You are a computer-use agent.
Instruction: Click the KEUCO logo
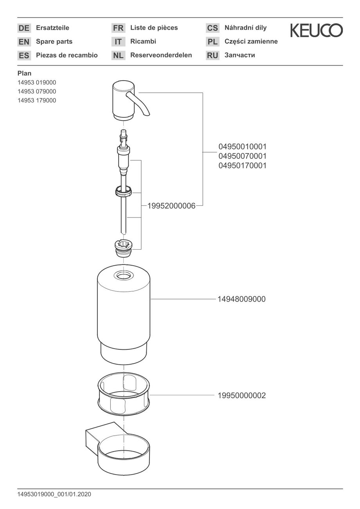[316, 31]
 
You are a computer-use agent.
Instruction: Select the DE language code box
[24, 28]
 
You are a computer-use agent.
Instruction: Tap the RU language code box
[212, 55]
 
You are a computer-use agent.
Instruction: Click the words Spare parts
[54, 41]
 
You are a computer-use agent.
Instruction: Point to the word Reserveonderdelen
[161, 55]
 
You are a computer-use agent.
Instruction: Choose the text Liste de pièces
[154, 28]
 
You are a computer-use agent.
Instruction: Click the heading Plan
[24, 74]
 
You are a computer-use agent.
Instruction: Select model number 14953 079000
[37, 91]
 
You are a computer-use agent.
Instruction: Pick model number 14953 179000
[37, 101]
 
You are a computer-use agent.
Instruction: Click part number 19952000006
[171, 206]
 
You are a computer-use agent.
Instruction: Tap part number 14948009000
[241, 299]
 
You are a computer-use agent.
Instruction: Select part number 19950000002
[242, 396]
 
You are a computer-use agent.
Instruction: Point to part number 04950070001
[243, 156]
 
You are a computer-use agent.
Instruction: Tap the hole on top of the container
[124, 275]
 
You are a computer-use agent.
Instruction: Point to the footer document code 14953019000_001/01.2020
[54, 494]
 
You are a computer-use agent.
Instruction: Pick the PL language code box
[212, 41]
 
